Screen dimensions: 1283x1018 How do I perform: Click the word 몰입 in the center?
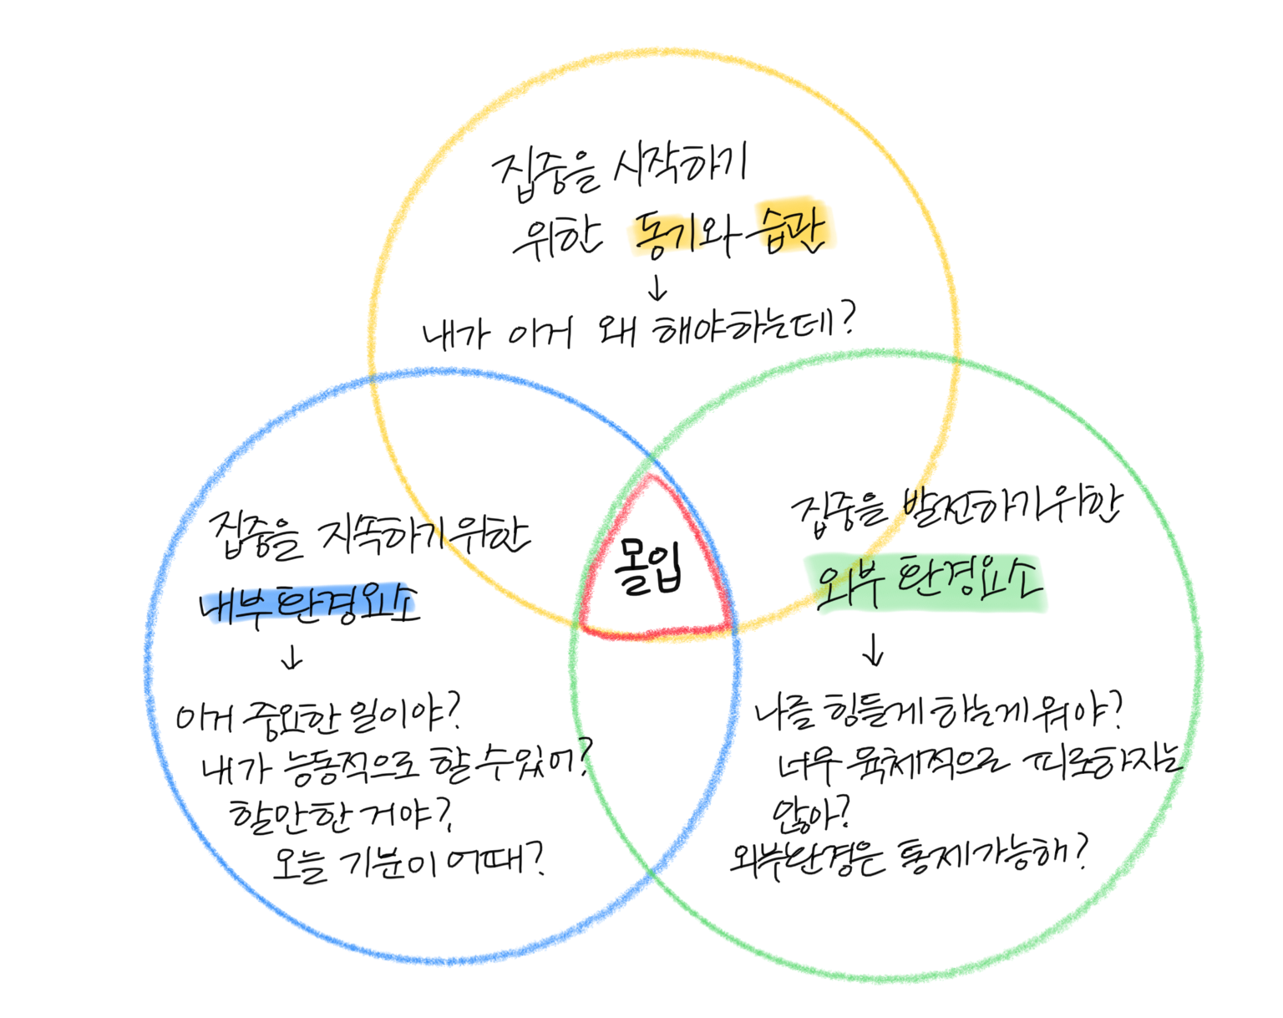click(650, 568)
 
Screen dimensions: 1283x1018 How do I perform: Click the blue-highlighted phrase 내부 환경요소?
click(308, 603)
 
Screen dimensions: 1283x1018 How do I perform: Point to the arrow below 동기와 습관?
click(658, 288)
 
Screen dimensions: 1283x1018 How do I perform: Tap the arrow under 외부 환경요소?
click(874, 649)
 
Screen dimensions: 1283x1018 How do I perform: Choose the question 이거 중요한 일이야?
click(317, 716)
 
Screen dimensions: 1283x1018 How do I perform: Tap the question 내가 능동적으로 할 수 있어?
click(397, 763)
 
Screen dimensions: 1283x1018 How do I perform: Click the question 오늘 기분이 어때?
click(409, 862)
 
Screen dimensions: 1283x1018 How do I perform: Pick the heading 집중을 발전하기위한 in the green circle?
click(956, 506)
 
